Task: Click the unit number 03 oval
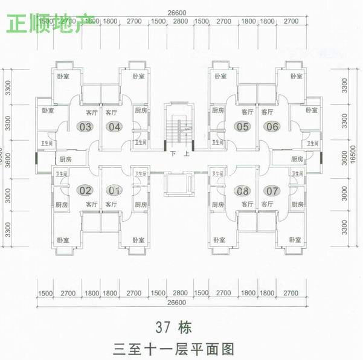coord(86,127)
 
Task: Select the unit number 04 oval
coord(115,127)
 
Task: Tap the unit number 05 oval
coord(243,127)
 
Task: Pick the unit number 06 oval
coord(272,127)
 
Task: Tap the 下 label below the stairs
coord(173,154)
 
